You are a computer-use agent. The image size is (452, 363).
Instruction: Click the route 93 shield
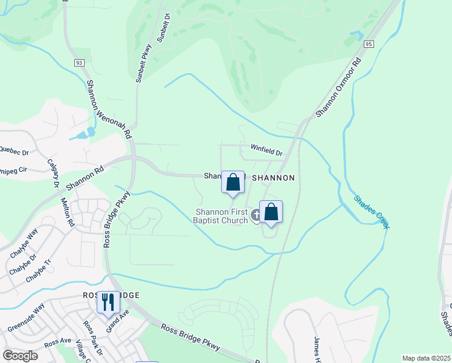pyautogui.click(x=79, y=63)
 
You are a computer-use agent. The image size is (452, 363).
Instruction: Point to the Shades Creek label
pyautogui.click(x=371, y=211)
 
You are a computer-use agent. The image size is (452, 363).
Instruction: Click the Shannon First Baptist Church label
pyautogui.click(x=221, y=216)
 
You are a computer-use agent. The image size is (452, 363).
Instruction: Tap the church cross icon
pyautogui.click(x=256, y=215)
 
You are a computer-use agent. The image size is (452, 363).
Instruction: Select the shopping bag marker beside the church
pyautogui.click(x=271, y=212)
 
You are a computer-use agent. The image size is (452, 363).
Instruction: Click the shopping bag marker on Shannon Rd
pyautogui.click(x=233, y=181)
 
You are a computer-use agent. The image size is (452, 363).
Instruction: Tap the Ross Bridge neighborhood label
pyautogui.click(x=111, y=295)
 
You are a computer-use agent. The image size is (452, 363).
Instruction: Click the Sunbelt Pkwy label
pyautogui.click(x=144, y=63)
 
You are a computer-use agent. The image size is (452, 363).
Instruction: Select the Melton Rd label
pyautogui.click(x=66, y=211)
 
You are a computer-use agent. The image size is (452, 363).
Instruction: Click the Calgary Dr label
pyautogui.click(x=52, y=172)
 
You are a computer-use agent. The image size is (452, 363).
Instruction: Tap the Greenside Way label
pyautogui.click(x=26, y=318)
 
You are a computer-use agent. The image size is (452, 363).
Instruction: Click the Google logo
pyautogui.click(x=20, y=356)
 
